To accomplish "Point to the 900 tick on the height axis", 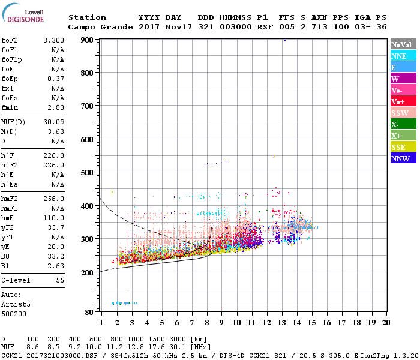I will (x=88, y=40).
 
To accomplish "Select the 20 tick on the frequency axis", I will (x=386, y=322).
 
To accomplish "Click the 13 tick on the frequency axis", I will (x=283, y=322).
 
